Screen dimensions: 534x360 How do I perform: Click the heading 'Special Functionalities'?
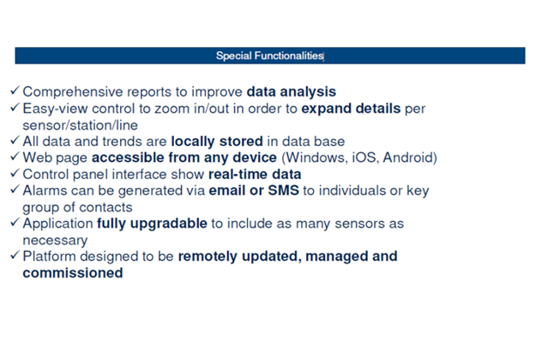pyautogui.click(x=270, y=56)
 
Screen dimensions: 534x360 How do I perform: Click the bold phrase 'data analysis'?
pyautogui.click(x=291, y=91)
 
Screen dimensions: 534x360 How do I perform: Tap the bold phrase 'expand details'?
pyautogui.click(x=350, y=109)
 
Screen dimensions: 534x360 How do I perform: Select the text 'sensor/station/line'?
pyautogui.click(x=80, y=125)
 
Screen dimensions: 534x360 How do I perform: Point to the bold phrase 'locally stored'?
pyautogui.click(x=217, y=142)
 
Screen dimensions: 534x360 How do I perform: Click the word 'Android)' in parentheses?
pyautogui.click(x=410, y=157)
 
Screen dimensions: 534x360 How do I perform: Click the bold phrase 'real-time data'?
pyautogui.click(x=255, y=174)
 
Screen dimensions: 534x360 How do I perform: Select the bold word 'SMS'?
pyautogui.click(x=284, y=190)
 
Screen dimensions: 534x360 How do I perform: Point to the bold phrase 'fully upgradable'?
pyautogui.click(x=152, y=223)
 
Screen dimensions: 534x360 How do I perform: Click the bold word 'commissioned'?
pyautogui.click(x=73, y=273)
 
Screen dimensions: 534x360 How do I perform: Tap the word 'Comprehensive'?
pyautogui.click(x=73, y=92)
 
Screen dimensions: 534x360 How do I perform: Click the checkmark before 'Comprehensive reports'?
pyautogui.click(x=15, y=90)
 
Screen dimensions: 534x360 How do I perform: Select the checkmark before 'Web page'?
pyautogui.click(x=15, y=157)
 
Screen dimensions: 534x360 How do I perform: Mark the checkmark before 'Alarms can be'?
pyautogui.click(x=15, y=189)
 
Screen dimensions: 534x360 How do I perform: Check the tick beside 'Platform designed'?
pyautogui.click(x=15, y=255)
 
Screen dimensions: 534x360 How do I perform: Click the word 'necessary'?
pyautogui.click(x=55, y=241)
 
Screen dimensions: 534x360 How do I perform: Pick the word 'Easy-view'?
pyautogui.click(x=55, y=109)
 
